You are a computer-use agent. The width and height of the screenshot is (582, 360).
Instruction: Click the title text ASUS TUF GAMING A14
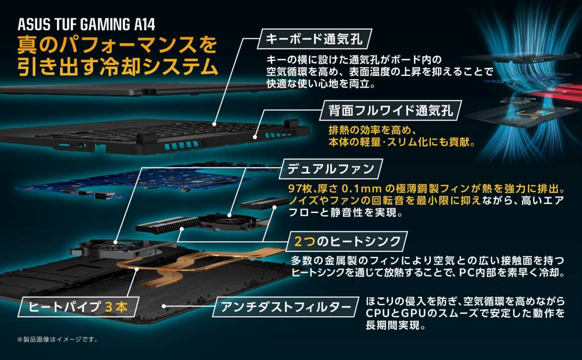tap(86, 25)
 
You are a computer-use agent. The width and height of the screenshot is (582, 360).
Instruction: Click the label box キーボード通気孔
tap(314, 39)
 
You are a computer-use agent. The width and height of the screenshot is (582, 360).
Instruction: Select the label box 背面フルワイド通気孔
tap(391, 110)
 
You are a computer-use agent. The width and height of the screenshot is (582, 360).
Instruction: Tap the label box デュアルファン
tap(331, 169)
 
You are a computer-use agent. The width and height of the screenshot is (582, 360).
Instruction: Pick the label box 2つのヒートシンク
tap(347, 241)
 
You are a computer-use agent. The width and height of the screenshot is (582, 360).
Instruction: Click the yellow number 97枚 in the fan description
tap(301, 188)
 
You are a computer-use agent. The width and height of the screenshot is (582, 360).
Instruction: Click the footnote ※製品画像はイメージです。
tap(57, 339)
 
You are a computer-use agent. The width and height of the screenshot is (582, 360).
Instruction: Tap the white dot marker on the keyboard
tap(214, 124)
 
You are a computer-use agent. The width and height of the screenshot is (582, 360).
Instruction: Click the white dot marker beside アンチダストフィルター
tap(164, 307)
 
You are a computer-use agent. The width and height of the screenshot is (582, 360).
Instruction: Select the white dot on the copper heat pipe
tap(137, 268)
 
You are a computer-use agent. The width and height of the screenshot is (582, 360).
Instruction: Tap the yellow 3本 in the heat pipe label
tap(116, 307)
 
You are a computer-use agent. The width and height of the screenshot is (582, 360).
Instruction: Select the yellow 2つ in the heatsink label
tap(305, 241)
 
